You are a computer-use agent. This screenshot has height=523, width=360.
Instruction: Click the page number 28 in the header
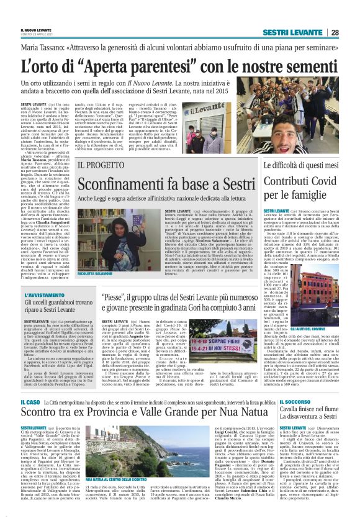tap(350, 32)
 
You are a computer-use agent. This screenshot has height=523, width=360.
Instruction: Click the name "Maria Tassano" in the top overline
tap(45, 47)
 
